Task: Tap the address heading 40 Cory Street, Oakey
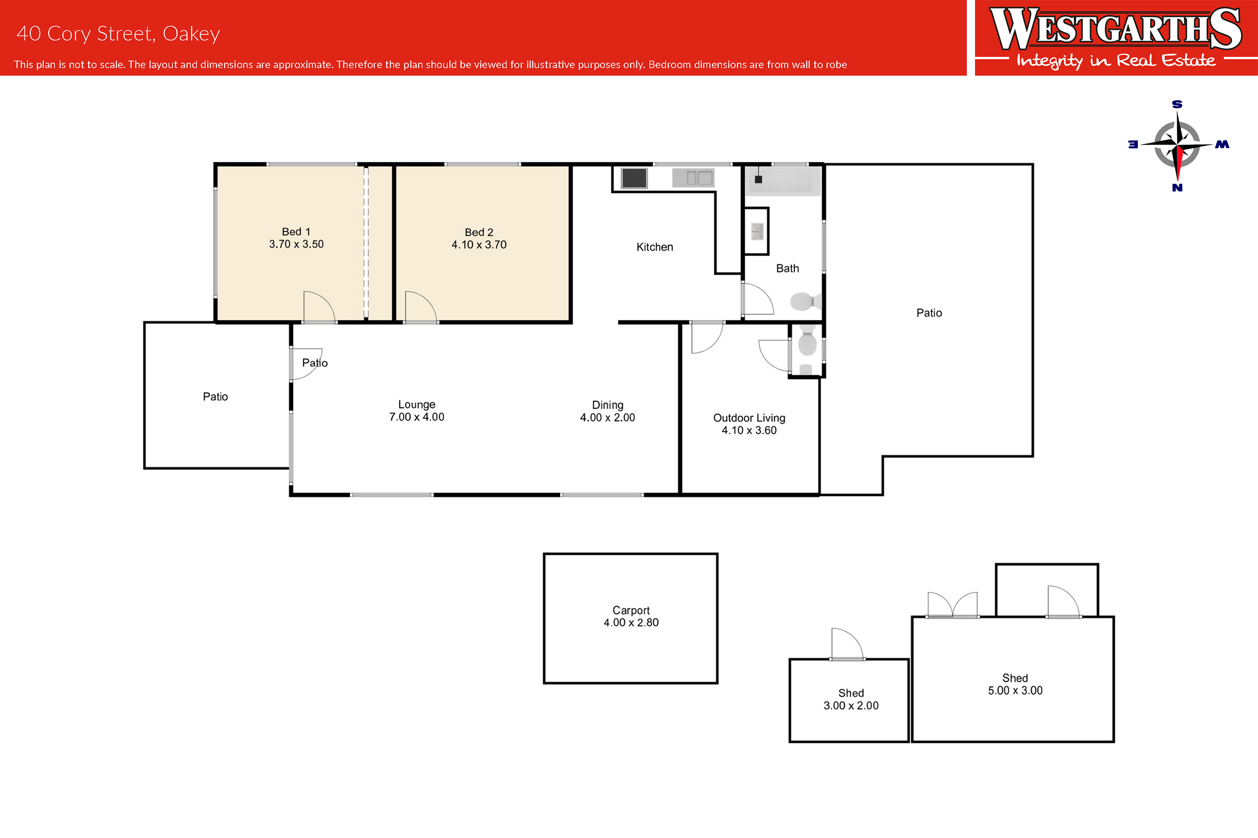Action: click(118, 34)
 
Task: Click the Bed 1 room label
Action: click(296, 231)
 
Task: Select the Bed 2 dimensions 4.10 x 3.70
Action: click(479, 245)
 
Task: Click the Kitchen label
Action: click(655, 247)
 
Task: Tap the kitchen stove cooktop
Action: click(634, 178)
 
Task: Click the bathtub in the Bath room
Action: click(783, 181)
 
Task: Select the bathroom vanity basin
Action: click(757, 231)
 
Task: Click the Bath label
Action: click(788, 268)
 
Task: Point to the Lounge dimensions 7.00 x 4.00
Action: click(416, 417)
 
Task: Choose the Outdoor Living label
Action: click(749, 418)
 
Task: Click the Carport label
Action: click(631, 610)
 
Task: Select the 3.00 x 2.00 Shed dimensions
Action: click(850, 706)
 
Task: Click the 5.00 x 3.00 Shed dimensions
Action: click(1015, 690)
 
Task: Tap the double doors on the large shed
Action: click(952, 605)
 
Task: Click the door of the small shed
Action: click(847, 644)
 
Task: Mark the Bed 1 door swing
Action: click(319, 307)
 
